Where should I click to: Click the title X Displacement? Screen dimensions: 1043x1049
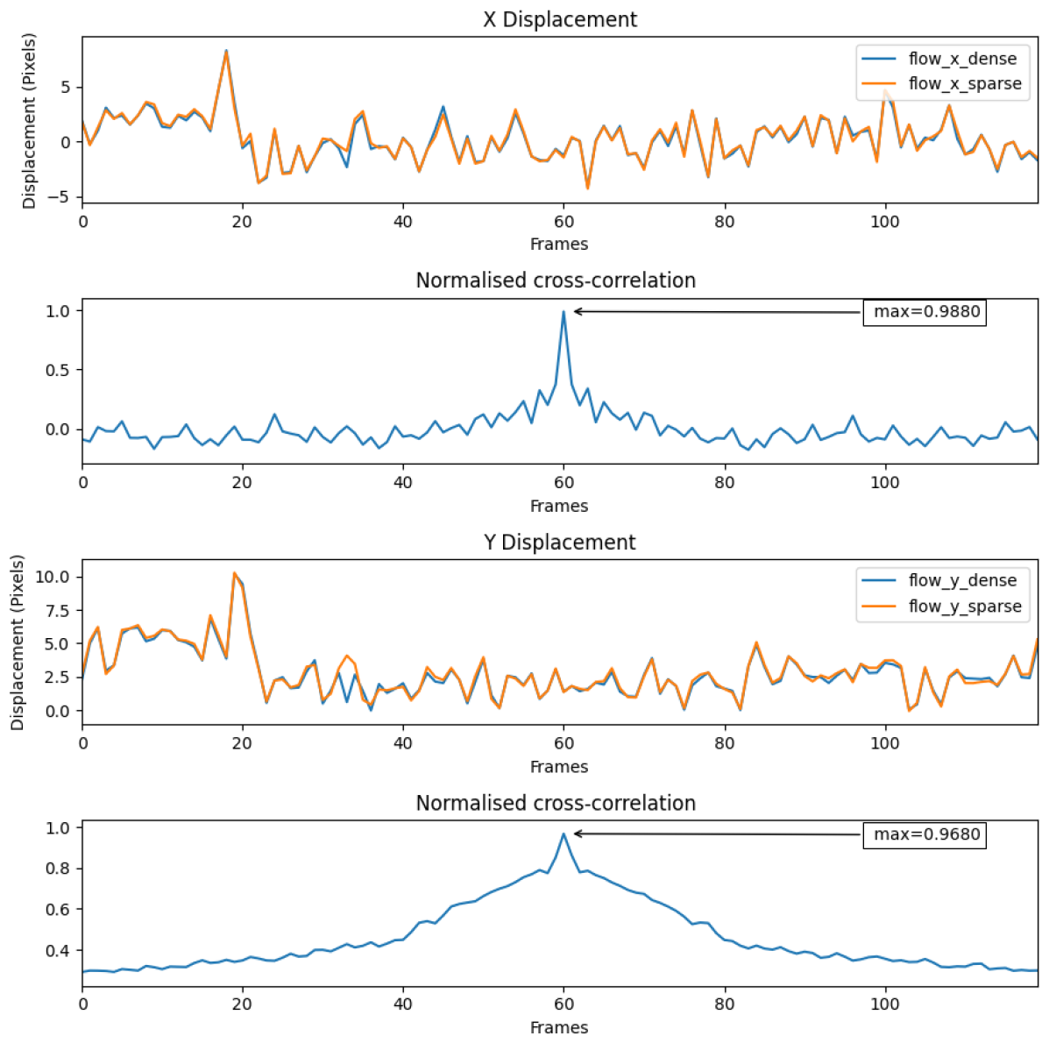[559, 19]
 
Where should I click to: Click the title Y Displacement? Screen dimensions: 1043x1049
[559, 542]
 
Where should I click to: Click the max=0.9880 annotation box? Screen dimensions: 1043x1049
[925, 311]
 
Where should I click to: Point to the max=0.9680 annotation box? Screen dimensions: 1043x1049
[925, 834]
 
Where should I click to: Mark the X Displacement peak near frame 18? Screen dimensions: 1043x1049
[226, 51]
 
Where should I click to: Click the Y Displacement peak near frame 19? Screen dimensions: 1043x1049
[234, 572]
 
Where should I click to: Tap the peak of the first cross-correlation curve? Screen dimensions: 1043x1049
[563, 312]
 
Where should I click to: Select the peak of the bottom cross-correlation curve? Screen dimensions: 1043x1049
[563, 834]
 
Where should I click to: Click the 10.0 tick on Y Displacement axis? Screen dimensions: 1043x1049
[53, 577]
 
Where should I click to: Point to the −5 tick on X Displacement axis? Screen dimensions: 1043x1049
[64, 197]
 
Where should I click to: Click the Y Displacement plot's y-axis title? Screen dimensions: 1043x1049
[18, 642]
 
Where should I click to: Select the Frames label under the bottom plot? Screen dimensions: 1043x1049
[559, 1026]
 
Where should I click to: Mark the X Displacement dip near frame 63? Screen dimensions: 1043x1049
[587, 188]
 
